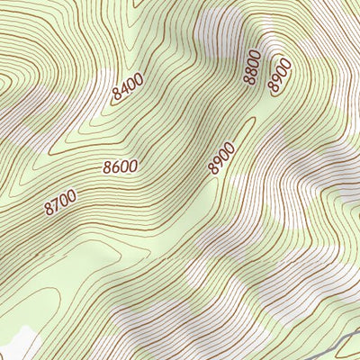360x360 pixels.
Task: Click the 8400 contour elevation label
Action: (x=129, y=88)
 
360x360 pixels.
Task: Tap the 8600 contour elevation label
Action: (x=120, y=166)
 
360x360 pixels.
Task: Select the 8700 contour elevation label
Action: (x=60, y=202)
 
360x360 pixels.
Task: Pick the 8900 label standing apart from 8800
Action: (x=220, y=157)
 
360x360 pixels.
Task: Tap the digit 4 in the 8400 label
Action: (x=124, y=90)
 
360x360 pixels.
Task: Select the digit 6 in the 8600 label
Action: (x=114, y=167)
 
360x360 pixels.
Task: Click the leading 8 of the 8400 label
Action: (x=117, y=94)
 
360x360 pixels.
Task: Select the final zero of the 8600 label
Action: (x=133, y=165)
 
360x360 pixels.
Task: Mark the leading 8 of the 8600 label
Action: (x=107, y=168)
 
